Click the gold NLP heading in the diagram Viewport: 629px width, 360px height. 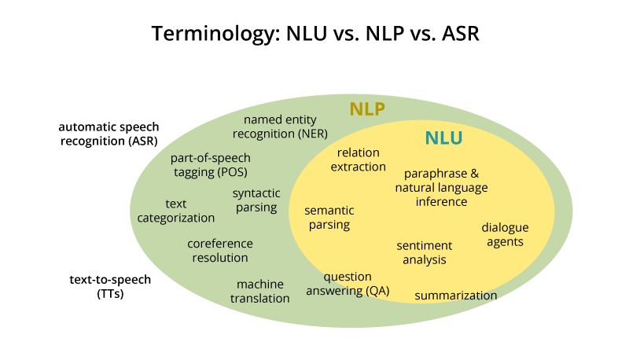click(x=367, y=109)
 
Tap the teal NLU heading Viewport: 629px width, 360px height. click(x=443, y=139)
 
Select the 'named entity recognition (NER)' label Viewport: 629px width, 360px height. click(x=285, y=126)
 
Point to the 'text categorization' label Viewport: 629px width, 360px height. click(x=176, y=211)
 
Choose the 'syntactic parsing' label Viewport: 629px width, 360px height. click(x=255, y=200)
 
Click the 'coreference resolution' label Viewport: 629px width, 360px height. click(x=219, y=250)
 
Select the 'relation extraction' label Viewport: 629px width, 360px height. click(x=358, y=160)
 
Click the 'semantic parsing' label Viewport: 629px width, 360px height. click(x=329, y=218)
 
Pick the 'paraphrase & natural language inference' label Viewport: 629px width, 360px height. click(x=440, y=187)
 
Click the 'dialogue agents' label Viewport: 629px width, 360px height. click(x=505, y=234)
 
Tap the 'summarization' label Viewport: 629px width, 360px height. click(x=456, y=296)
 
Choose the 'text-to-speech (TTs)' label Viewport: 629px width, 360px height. click(x=109, y=286)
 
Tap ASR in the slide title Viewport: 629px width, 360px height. click(x=457, y=35)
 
